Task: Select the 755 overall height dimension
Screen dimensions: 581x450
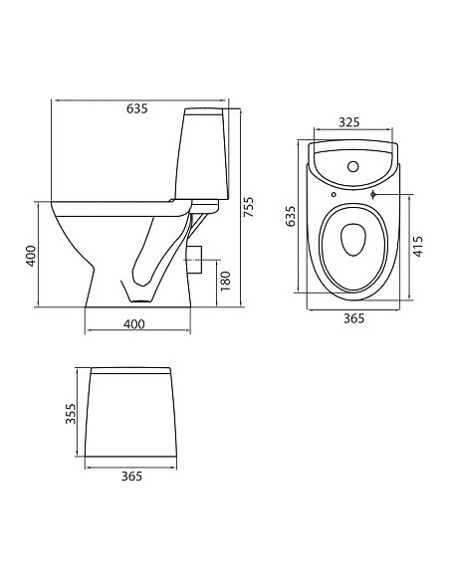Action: point(250,206)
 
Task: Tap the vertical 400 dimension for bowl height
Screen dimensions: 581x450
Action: point(31,256)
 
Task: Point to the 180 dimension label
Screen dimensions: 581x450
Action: point(225,282)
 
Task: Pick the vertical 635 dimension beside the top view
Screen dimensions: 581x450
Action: point(292,217)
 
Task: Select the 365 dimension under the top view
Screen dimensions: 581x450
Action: point(353,318)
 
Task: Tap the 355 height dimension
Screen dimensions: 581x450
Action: point(69,415)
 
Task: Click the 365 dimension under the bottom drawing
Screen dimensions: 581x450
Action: point(130,477)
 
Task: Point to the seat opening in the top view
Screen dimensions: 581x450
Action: point(352,238)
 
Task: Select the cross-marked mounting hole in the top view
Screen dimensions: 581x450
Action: point(374,195)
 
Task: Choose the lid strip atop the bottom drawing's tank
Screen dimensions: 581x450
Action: point(130,371)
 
